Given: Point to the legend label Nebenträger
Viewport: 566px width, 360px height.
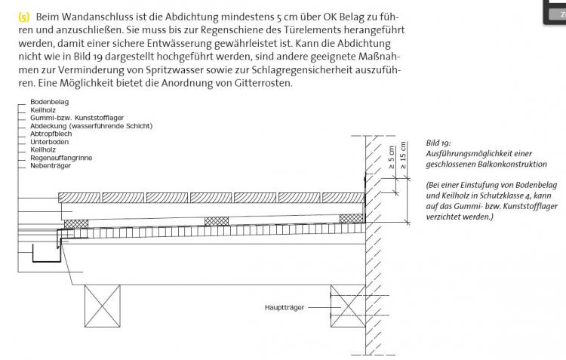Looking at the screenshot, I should pyautogui.click(x=51, y=165).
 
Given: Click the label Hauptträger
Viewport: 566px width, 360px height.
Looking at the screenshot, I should pyautogui.click(x=285, y=307).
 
